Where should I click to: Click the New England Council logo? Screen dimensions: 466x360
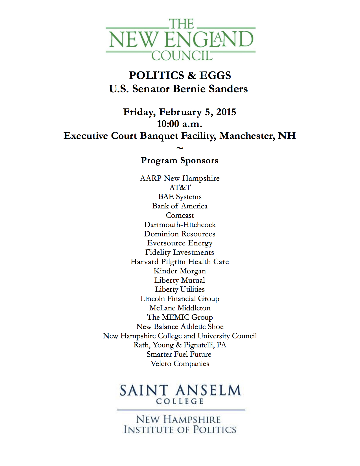coord(180,40)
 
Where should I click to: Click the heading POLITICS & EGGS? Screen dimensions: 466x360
coord(180,75)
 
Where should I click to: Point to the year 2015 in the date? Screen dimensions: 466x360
coord(226,112)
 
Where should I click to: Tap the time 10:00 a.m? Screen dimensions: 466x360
coord(180,124)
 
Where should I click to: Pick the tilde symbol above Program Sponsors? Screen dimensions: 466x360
coord(180,148)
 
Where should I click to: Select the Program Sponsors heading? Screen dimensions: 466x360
coord(180,160)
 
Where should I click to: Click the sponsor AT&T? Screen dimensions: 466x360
coord(180,188)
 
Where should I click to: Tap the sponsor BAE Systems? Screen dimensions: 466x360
coord(180,197)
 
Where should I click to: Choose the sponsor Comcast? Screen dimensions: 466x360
coord(180,215)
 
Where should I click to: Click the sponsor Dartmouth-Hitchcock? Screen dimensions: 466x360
coord(180,225)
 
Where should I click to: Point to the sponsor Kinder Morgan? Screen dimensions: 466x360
coord(180,271)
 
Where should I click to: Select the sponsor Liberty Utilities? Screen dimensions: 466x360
coord(180,289)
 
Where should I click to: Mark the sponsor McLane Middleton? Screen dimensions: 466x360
coord(180,308)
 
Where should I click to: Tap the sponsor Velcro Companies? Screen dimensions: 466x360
coord(180,364)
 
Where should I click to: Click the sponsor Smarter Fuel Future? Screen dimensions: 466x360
coord(179,354)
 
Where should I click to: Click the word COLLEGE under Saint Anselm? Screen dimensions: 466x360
coord(180,401)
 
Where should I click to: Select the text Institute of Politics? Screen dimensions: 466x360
coord(180,430)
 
